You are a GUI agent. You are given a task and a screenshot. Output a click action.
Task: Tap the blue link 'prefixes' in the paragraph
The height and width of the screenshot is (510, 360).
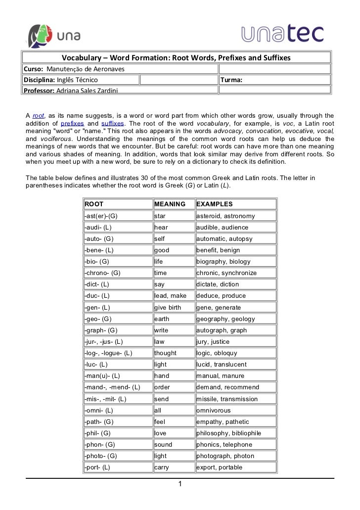pos(71,123)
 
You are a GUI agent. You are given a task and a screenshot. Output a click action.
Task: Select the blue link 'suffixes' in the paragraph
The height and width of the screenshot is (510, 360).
pos(112,123)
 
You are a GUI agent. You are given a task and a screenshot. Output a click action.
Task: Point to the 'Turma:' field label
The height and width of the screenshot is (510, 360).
pos(231,80)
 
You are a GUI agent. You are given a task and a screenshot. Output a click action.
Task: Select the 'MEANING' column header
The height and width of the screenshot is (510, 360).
pos(170,204)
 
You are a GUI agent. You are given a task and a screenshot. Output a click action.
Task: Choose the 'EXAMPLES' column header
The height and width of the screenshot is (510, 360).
pos(214,204)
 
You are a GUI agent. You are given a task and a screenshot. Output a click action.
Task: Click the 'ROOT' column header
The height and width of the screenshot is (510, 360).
pos(94,204)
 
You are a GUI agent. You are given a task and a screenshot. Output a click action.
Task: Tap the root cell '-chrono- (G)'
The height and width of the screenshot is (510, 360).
pos(102,273)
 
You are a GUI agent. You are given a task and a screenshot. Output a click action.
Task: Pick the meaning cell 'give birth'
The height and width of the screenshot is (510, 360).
pos(168,307)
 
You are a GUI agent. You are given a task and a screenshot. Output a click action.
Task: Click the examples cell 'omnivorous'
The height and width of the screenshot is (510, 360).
pos(213,410)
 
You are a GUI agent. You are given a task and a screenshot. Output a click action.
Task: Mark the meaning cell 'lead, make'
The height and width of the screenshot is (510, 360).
pos(170,296)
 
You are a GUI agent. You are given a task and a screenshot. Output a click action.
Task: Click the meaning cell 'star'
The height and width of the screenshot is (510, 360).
pos(160,216)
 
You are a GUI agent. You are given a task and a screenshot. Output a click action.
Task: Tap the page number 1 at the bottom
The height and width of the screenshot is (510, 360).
pos(180,484)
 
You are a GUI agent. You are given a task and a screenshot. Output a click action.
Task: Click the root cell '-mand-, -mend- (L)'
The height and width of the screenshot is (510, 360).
pos(112,387)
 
